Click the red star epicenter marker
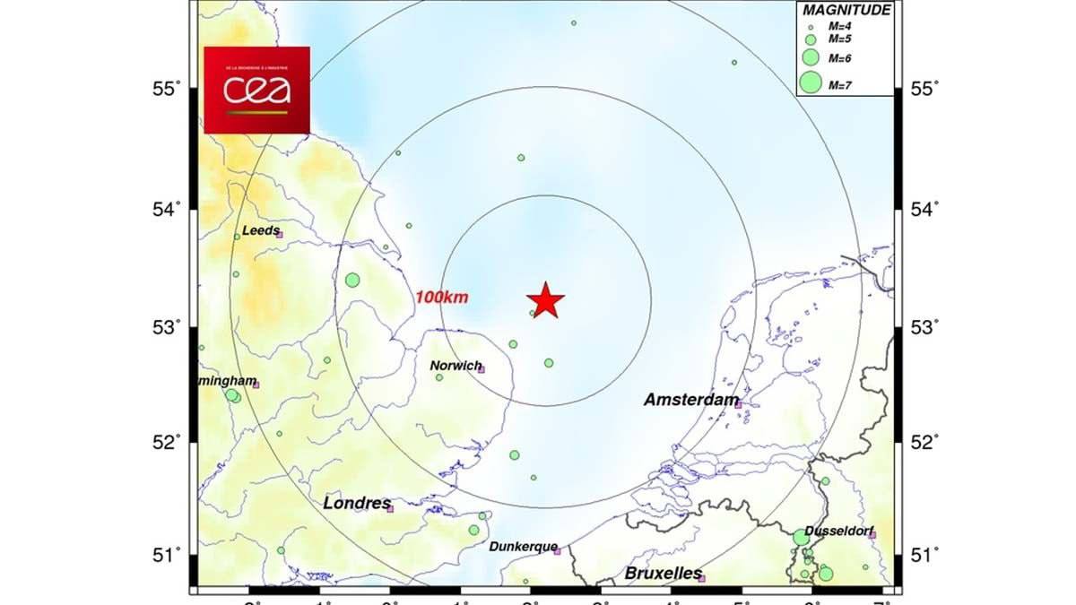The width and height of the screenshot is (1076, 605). tap(545, 300)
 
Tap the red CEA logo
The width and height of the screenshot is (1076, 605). tap(256, 90)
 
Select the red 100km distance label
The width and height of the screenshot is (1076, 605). tap(442, 298)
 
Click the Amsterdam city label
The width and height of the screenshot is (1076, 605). tap(691, 401)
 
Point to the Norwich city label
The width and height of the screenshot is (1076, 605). tap(456, 365)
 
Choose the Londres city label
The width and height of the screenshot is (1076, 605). tap(357, 504)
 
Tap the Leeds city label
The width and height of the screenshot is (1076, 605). tap(261, 230)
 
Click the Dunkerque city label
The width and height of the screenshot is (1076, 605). tap(524, 547)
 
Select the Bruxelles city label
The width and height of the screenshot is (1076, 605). tap(664, 573)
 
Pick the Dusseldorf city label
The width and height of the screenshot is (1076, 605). tap(839, 531)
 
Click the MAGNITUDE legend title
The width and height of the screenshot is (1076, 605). tap(846, 11)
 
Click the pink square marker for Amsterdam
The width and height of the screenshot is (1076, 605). tap(738, 404)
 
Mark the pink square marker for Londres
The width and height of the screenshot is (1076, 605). tap(390, 509)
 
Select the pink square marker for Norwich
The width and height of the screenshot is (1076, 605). tap(481, 369)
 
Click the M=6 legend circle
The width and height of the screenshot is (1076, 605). tap(811, 57)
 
